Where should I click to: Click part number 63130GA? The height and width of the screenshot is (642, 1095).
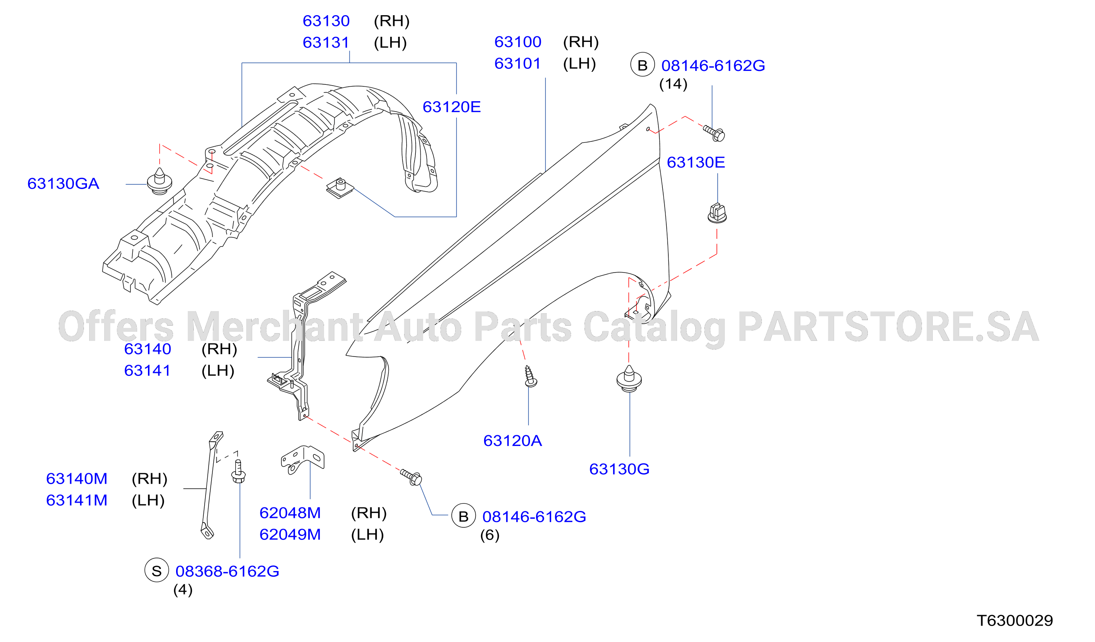[x=64, y=184]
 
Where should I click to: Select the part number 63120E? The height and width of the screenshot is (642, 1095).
[x=452, y=107]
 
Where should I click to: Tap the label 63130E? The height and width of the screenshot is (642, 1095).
[x=696, y=163]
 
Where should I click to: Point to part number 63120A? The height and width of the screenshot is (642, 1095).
[x=513, y=441]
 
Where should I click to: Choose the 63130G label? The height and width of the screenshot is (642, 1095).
[x=620, y=469]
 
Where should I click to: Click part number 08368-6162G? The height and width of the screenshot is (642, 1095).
[x=227, y=571]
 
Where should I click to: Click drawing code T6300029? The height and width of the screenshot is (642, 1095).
[x=1015, y=621]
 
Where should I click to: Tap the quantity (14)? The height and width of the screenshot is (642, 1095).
[x=674, y=84]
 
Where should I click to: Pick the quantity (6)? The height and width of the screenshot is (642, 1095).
[x=490, y=535]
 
